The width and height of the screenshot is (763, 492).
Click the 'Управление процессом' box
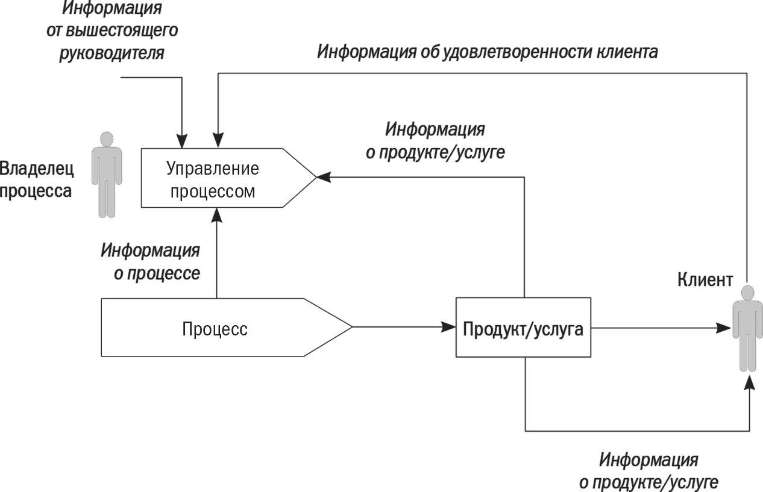[213, 179]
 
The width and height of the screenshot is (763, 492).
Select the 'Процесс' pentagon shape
[215, 328]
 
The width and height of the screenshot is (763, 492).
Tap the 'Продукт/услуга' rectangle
[523, 329]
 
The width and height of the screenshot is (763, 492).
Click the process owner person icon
[107, 175]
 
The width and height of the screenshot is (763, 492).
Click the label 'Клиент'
[705, 280]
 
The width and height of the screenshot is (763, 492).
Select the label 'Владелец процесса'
[37, 179]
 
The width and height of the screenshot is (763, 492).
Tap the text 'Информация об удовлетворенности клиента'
[487, 52]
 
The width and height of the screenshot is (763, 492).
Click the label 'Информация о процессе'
[151, 262]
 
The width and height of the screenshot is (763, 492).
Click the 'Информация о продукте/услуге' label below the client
[648, 472]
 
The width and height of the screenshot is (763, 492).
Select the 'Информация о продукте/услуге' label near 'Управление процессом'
[435, 141]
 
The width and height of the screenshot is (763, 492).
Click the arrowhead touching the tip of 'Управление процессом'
[324, 177]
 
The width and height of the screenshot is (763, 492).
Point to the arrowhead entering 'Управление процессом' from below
[216, 215]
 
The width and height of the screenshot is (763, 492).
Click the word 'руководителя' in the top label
[112, 54]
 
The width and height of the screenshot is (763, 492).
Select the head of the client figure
[747, 294]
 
